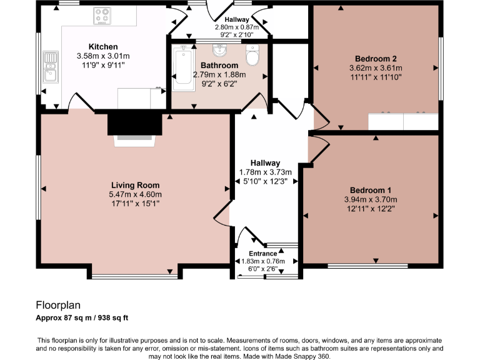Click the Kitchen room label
pos(103,47)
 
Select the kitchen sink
pos(50,68)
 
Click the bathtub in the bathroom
pos(182,67)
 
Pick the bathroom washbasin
pos(218,49)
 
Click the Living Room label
pos(135,185)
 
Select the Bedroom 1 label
pos(371,190)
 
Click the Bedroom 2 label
pos(375,58)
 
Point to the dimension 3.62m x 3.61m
pos(375,67)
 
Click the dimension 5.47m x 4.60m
pos(135,194)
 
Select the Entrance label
pos(263,253)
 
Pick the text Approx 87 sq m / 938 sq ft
pos(82,317)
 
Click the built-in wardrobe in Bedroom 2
pos(403,121)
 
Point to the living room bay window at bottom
pos(135,276)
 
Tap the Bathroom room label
pos(219,65)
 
